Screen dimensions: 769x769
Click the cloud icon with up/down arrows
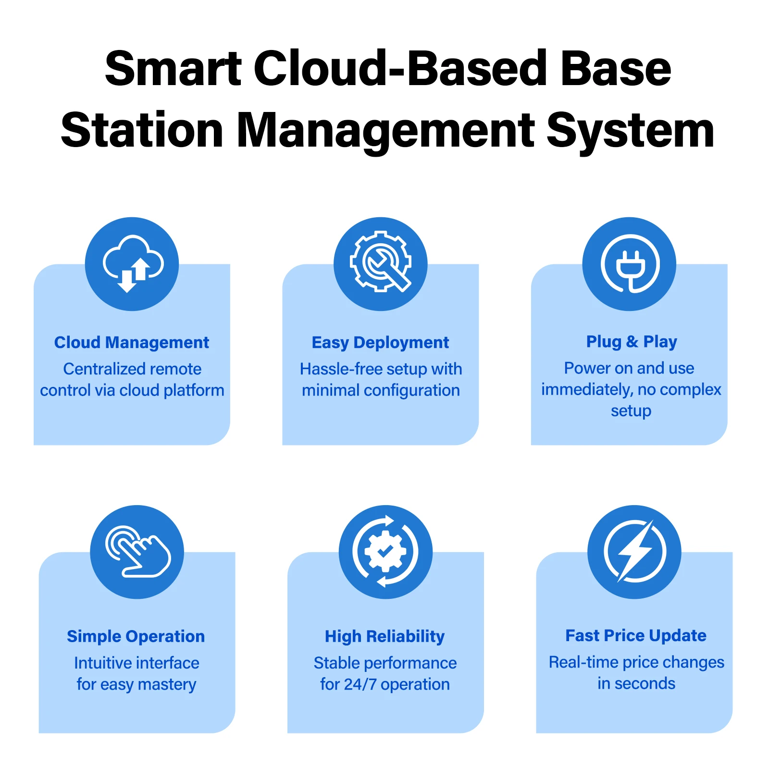pos(132,264)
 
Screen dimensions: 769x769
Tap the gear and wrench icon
pos(381,264)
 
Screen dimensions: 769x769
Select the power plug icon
pos(629,264)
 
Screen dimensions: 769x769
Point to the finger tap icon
pos(137,552)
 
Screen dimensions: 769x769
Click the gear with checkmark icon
pos(385,552)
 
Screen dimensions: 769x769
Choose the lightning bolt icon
pos(634,552)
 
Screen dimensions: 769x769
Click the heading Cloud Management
pos(132,342)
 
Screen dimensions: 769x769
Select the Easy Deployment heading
pos(380,343)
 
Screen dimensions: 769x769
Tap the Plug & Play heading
pos(632,342)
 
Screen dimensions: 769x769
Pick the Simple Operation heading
pos(136,636)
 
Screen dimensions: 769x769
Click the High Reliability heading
pos(384,636)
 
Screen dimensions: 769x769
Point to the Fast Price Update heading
pos(636,635)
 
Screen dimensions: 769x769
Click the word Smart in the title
pos(174,68)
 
